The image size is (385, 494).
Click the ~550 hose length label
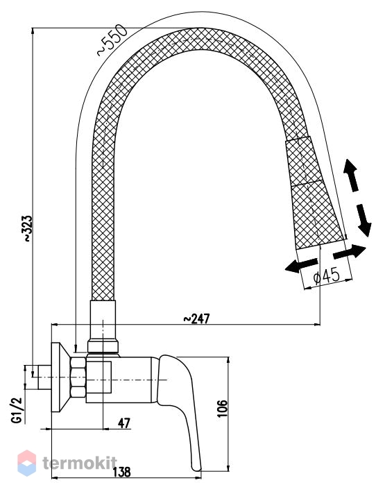click(112, 40)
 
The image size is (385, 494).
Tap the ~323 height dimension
click(28, 229)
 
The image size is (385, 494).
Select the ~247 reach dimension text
click(196, 318)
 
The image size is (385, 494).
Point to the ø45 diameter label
click(327, 276)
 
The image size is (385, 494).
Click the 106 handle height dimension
click(223, 409)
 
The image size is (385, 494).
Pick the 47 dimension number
click(124, 423)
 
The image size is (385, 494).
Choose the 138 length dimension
click(121, 472)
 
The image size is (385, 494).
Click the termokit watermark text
click(79, 463)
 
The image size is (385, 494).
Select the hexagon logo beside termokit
click(27, 463)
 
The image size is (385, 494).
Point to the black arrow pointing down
click(363, 220)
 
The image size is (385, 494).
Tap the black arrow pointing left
click(301, 265)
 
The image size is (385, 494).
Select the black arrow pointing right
click(350, 252)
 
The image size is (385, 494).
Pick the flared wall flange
click(61, 377)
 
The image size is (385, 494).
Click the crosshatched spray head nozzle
click(314, 193)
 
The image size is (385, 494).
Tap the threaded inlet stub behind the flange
click(44, 377)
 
